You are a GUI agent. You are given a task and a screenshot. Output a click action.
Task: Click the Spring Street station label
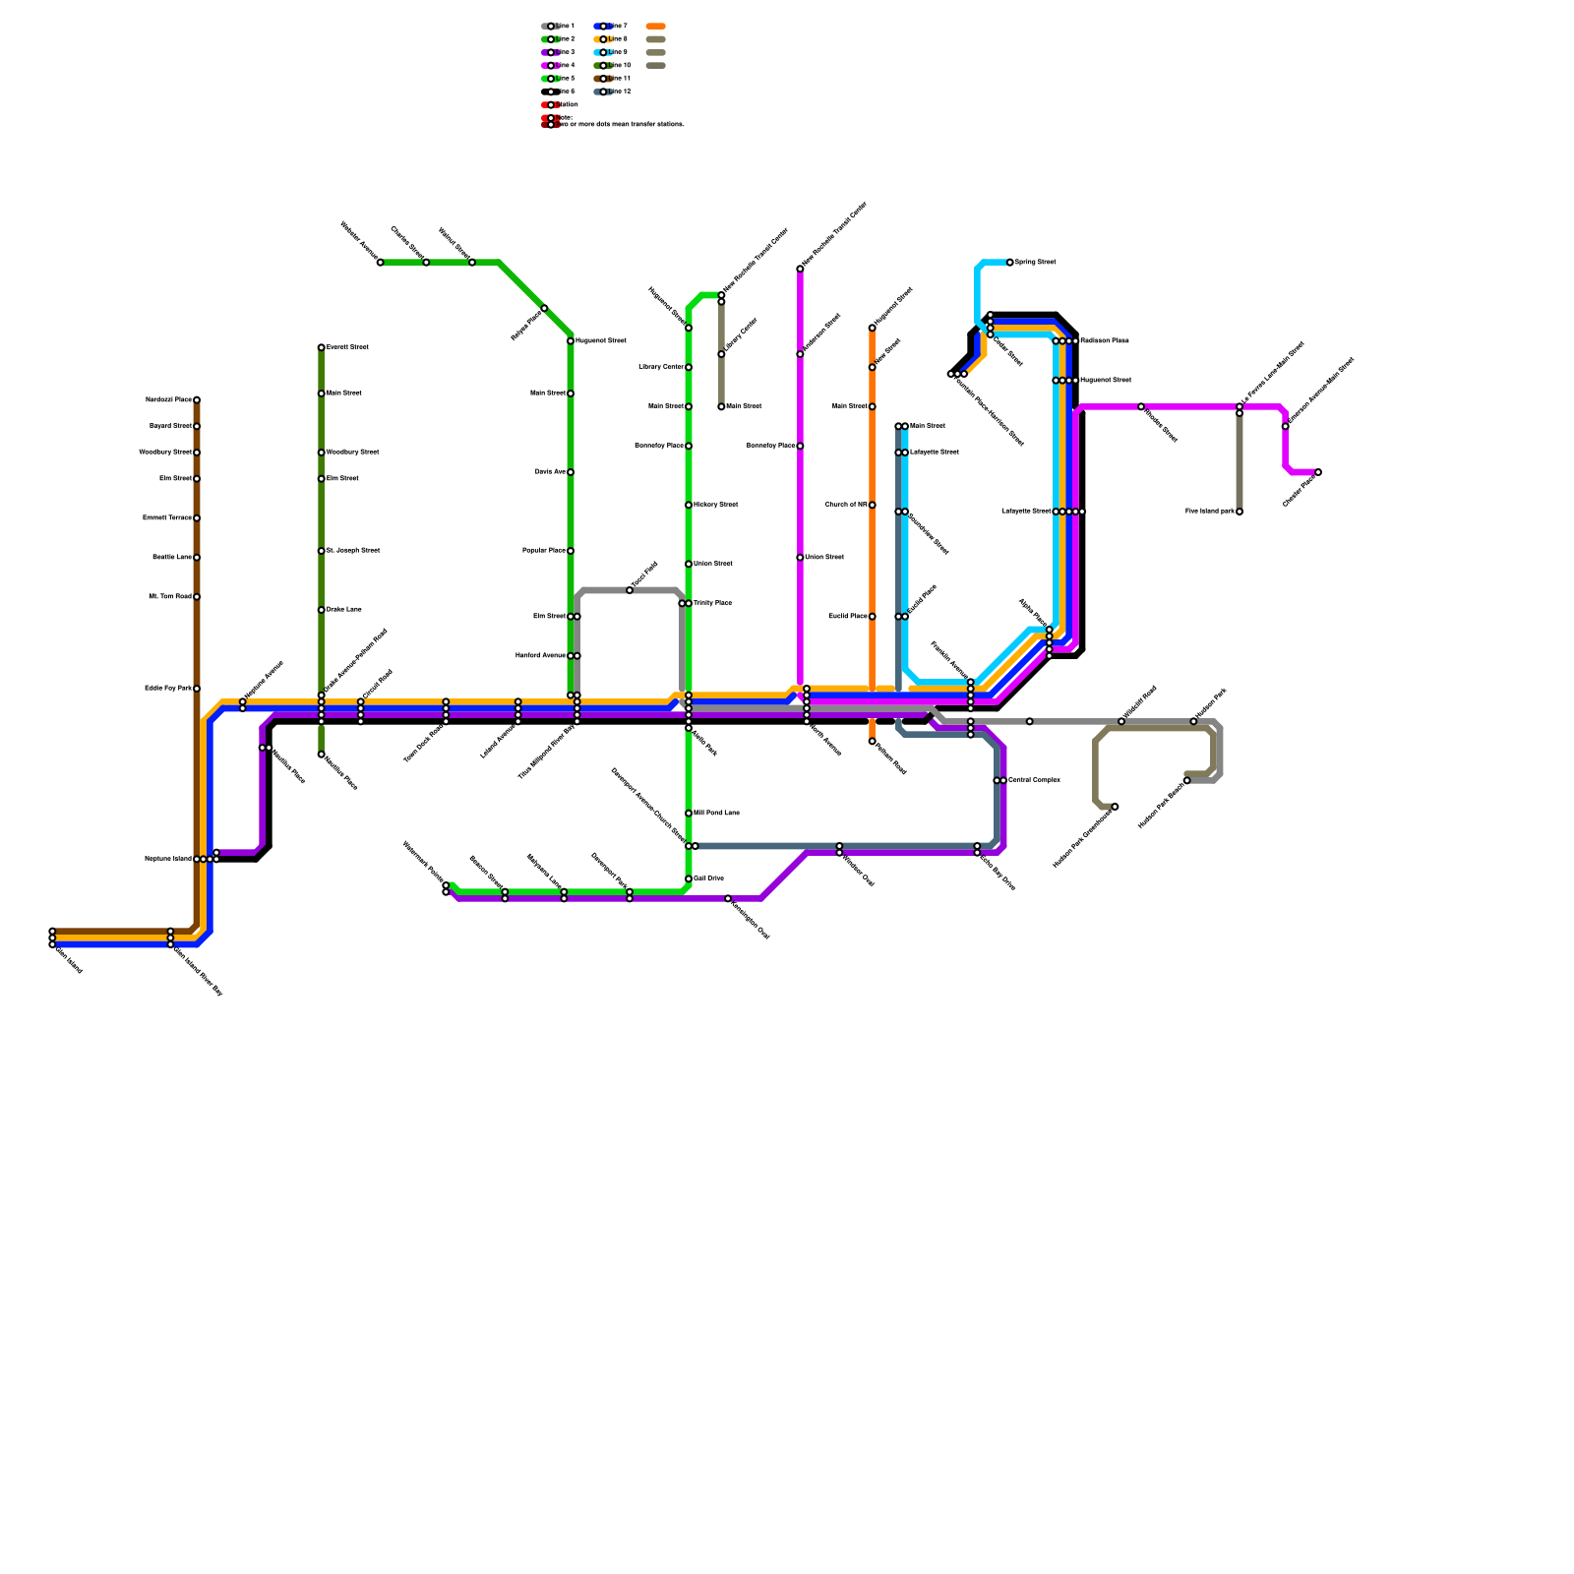(1035, 263)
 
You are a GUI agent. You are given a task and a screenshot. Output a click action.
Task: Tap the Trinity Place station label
(712, 603)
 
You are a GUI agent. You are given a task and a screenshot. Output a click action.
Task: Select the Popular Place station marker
(571, 551)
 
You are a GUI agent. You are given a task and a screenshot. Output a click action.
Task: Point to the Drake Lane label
(343, 610)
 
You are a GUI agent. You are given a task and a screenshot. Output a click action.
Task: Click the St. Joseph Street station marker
(321, 551)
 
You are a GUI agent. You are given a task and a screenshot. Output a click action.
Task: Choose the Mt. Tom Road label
(169, 596)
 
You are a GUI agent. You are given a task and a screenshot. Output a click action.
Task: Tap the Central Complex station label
(1034, 780)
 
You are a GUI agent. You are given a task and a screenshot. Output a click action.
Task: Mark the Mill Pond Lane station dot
(689, 814)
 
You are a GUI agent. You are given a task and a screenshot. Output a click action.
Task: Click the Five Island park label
(1209, 512)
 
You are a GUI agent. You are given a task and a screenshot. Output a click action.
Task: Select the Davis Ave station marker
(571, 472)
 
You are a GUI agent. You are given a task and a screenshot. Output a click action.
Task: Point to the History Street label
(715, 505)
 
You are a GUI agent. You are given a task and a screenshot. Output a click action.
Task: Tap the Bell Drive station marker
(689, 878)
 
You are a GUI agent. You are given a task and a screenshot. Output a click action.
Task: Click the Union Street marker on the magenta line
(800, 558)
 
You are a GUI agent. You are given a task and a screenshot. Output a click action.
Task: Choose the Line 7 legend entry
(611, 27)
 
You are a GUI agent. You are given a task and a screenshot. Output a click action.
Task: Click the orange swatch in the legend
(656, 27)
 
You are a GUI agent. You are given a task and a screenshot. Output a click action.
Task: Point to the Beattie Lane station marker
(197, 558)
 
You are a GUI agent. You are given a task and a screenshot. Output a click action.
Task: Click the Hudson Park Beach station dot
(1186, 780)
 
